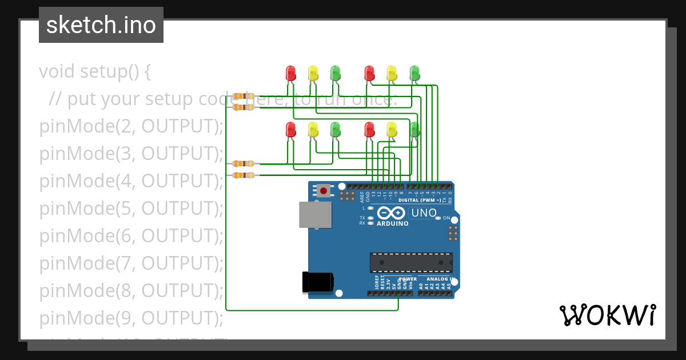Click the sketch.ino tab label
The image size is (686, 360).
101,25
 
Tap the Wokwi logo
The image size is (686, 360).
607,315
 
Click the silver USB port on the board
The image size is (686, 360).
315,214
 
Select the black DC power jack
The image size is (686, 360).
317,282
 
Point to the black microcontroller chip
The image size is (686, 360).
411,262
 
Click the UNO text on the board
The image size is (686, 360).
424,213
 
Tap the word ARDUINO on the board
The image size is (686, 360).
392,223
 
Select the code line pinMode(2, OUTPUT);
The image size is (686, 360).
131,126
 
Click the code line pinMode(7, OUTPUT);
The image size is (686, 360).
131,263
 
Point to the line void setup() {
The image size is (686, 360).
95,71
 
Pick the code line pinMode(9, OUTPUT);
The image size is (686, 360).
131,318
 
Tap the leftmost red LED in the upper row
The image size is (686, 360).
290,73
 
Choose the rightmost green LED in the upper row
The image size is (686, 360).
414,73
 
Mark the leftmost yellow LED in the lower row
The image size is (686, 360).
313,129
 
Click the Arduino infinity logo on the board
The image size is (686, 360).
392,213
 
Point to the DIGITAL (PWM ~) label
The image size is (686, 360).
420,201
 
